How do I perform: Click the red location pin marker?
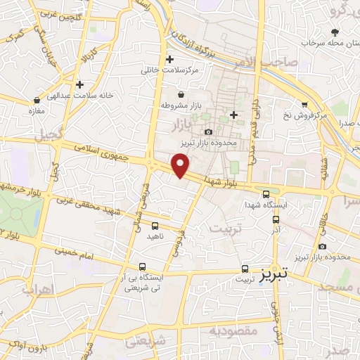pyautogui.click(x=181, y=166)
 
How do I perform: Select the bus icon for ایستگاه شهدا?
pyautogui.click(x=266, y=195)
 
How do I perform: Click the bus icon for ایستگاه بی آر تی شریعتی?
pyautogui.click(x=143, y=267)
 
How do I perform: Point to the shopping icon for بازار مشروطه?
pyautogui.click(x=181, y=94)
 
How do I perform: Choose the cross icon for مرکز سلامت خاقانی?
pyautogui.click(x=169, y=59)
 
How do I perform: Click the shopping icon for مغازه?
pyautogui.click(x=36, y=100)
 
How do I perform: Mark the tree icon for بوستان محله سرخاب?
pyautogui.click(x=334, y=32)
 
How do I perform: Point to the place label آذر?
pyautogui.click(x=276, y=230)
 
